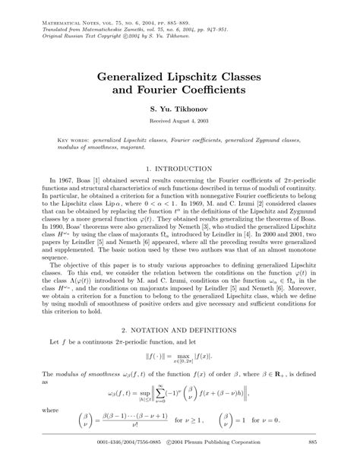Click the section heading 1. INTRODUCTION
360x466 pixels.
pos(179,167)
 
